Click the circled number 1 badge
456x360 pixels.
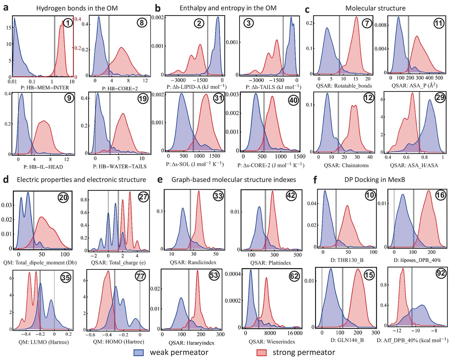point(68,23)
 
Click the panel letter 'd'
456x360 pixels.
point(5,180)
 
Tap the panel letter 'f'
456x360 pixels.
point(315,180)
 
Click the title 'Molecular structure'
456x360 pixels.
point(375,8)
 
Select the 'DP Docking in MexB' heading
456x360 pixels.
point(376,180)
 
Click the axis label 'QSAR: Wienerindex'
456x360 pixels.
point(272,342)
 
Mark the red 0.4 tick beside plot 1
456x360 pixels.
point(77,19)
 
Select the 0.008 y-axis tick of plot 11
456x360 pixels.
point(381,25)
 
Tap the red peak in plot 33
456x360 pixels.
point(199,192)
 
